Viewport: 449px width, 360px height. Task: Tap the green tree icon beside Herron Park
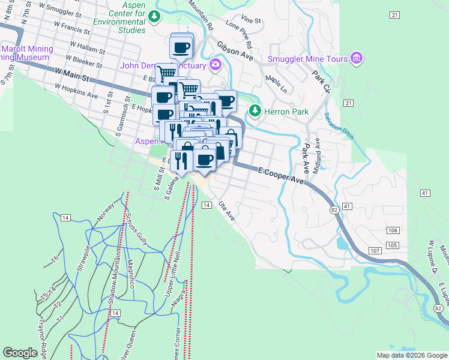[x=256, y=110]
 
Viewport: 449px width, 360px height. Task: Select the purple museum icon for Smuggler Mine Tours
[x=357, y=58]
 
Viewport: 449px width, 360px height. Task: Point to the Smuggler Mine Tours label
[x=307, y=59]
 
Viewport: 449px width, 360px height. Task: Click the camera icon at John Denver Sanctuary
[x=214, y=65]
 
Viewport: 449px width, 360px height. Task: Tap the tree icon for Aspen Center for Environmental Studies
[x=155, y=16]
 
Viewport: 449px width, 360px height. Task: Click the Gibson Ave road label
[x=235, y=50]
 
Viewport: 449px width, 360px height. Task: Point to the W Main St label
[x=71, y=75]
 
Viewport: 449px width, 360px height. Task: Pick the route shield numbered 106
[x=393, y=231]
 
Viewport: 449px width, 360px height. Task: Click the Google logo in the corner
[x=20, y=353]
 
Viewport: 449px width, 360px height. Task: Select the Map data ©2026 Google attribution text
[x=412, y=355]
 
